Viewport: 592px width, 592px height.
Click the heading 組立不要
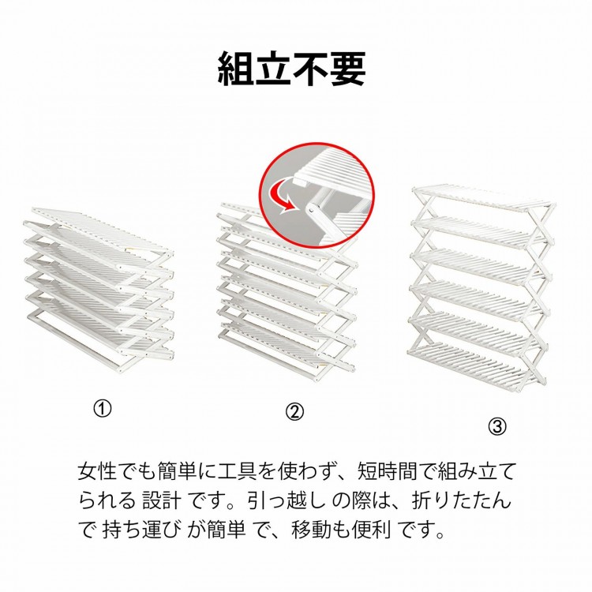(292, 69)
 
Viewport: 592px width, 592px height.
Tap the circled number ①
(103, 409)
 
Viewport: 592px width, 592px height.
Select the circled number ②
(294, 412)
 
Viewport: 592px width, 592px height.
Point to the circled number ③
(497, 426)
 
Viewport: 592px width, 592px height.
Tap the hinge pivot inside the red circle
(312, 209)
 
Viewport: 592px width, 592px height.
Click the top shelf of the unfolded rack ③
(483, 197)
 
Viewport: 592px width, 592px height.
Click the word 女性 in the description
(97, 471)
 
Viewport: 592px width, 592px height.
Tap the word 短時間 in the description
(387, 471)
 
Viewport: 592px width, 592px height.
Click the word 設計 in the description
(161, 500)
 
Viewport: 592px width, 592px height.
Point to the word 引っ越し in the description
(287, 500)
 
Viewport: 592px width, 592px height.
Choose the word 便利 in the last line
(371, 530)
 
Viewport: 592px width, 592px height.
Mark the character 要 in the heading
(348, 69)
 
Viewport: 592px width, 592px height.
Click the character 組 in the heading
(236, 69)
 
